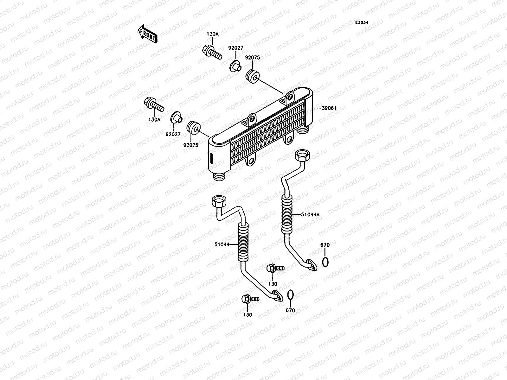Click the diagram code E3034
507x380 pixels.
tap(362, 23)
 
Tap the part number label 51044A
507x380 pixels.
tap(310, 215)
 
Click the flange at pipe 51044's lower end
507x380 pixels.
tap(277, 296)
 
